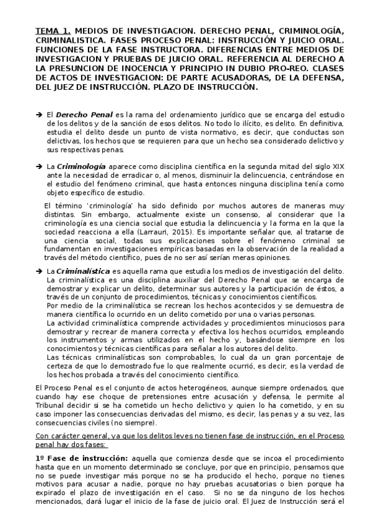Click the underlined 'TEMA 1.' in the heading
pyautogui.click(x=54, y=30)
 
